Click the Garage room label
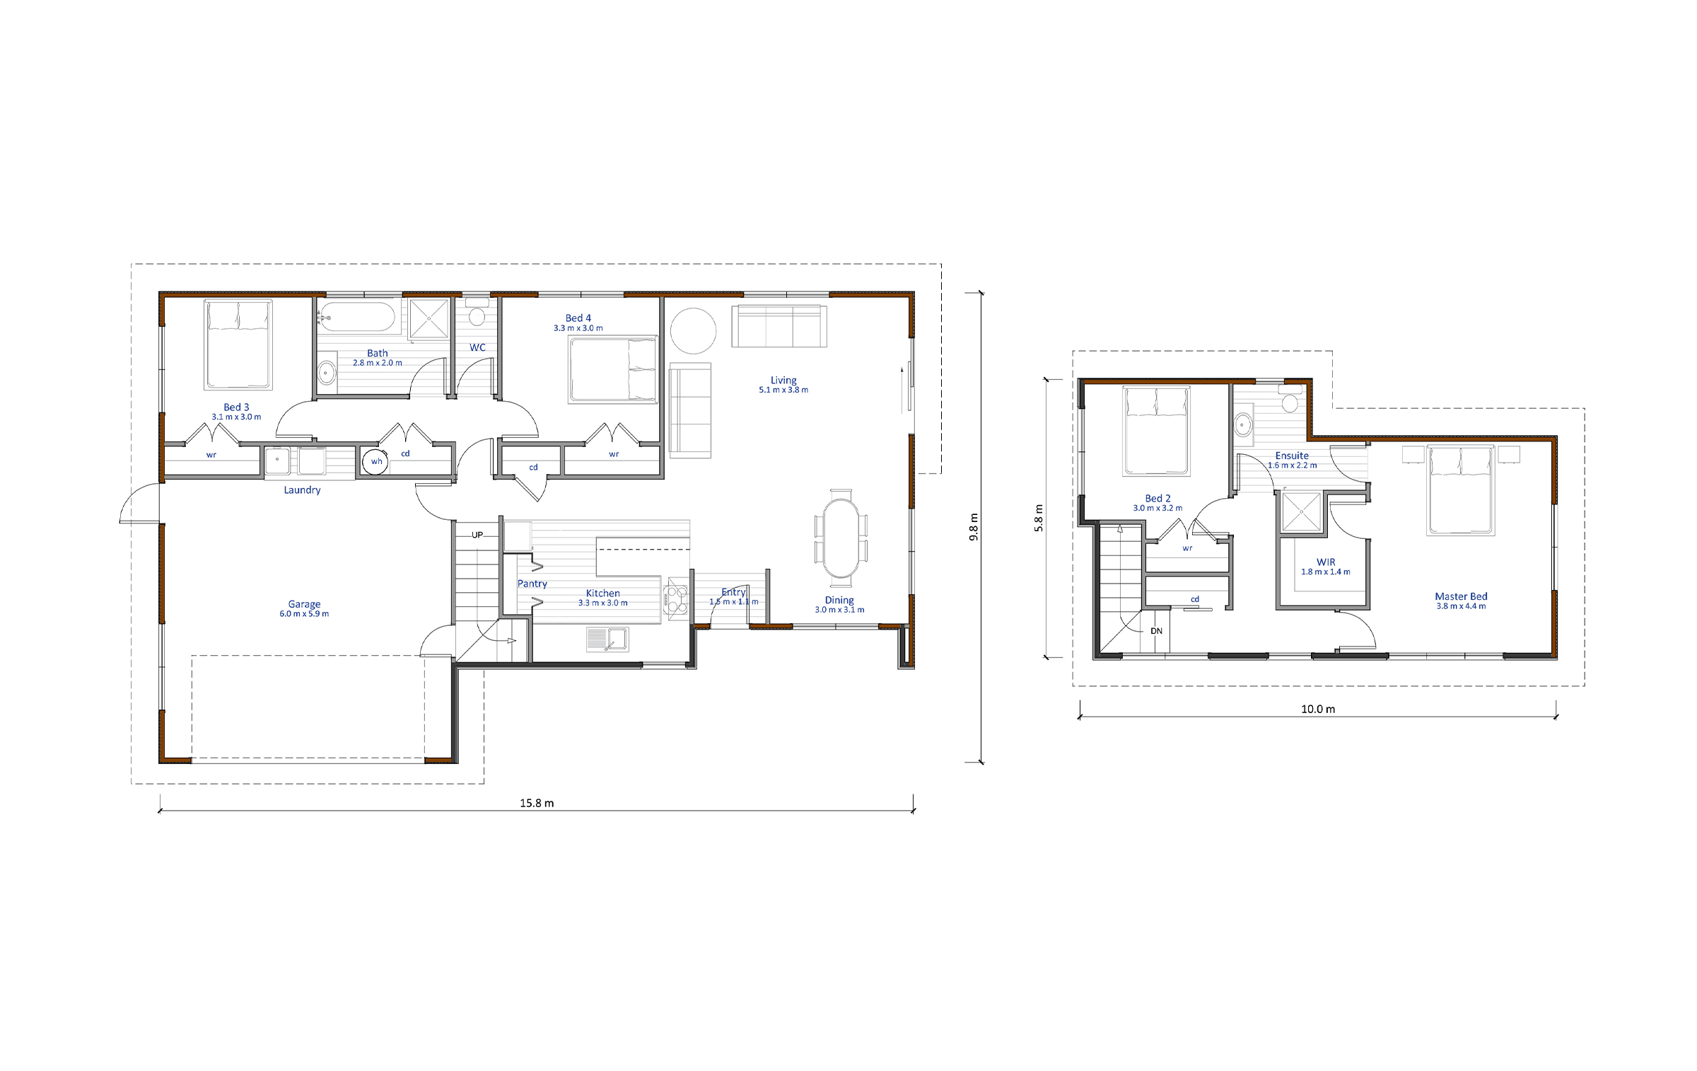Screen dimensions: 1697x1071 click(x=304, y=604)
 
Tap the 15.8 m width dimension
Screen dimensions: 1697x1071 click(x=537, y=803)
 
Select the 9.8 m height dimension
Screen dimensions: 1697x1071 click(x=974, y=527)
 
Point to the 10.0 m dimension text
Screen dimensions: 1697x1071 click(x=1318, y=709)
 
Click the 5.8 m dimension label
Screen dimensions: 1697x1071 click(x=1039, y=518)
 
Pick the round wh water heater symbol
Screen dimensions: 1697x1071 click(x=375, y=462)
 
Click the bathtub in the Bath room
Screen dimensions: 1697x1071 click(x=356, y=318)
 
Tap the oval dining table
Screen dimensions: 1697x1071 click(x=841, y=538)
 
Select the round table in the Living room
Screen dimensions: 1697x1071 click(x=693, y=331)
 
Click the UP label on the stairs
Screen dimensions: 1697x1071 click(x=477, y=535)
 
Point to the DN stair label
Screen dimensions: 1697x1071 click(x=1157, y=631)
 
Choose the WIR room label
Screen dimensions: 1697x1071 click(x=1326, y=562)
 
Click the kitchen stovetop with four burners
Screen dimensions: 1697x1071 click(x=676, y=598)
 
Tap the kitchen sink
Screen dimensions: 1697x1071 click(x=607, y=639)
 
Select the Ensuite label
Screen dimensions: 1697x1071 click(x=1292, y=456)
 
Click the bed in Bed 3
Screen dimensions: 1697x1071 click(x=238, y=345)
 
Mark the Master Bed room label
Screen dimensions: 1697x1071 click(x=1461, y=596)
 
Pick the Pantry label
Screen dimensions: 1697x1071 click(x=532, y=584)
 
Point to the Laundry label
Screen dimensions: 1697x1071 click(x=302, y=490)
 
